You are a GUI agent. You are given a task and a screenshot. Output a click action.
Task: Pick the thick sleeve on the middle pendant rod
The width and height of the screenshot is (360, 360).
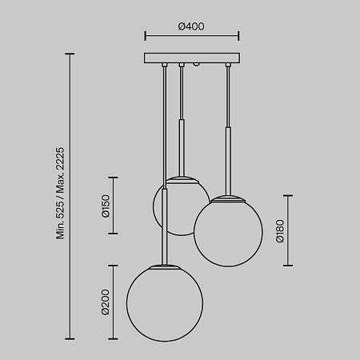point(182,146)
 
